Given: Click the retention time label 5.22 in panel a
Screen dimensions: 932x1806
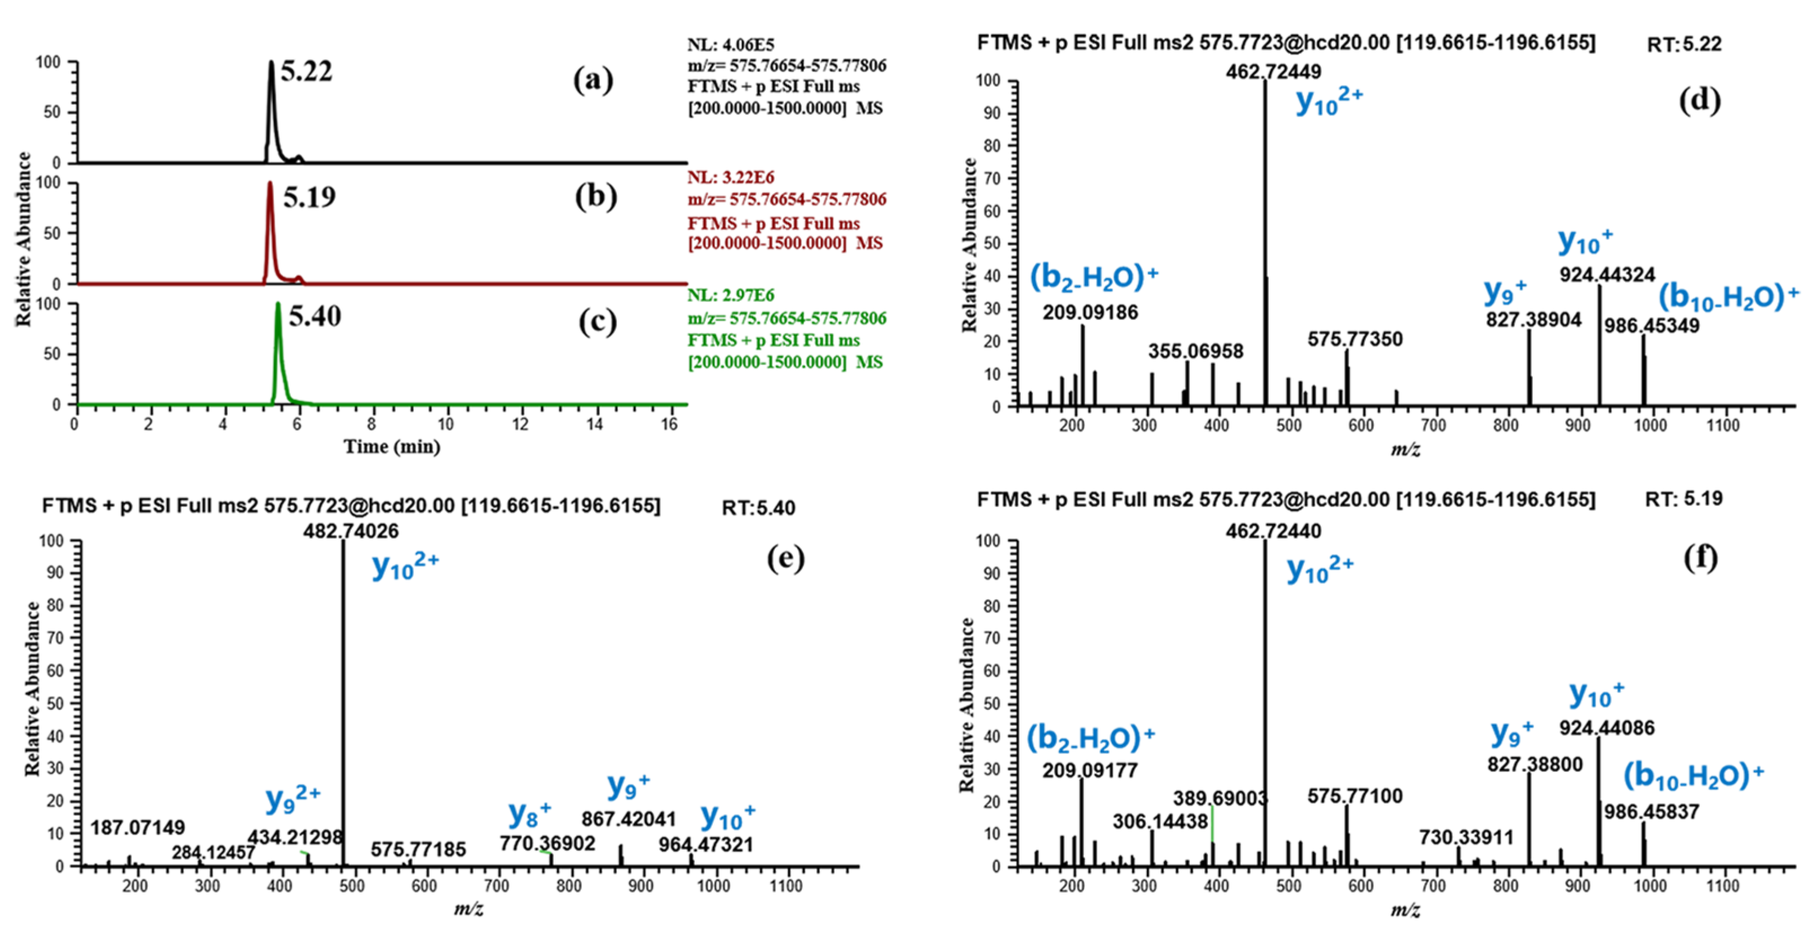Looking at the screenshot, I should [306, 72].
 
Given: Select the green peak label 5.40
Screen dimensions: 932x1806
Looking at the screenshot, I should [315, 317].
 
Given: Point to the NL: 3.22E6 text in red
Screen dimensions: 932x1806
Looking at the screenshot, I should [731, 177].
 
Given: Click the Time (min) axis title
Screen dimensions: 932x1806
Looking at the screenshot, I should [392, 446].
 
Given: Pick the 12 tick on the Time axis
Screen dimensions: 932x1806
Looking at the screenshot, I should [520, 423].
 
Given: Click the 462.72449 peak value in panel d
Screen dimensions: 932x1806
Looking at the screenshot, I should [1273, 72].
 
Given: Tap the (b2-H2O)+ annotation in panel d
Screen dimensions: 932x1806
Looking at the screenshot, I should [1094, 277].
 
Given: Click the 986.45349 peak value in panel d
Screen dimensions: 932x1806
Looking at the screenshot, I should [1652, 326].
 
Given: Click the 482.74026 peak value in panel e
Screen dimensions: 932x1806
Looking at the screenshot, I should [351, 531].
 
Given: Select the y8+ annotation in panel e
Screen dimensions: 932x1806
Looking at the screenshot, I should [530, 813].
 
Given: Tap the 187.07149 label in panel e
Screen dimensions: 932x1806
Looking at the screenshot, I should [138, 828].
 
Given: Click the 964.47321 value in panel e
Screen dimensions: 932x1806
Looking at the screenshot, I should [706, 845].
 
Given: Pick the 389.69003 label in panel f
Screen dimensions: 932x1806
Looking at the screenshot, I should [1221, 798].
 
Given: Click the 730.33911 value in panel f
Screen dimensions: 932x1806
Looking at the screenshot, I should [1467, 837].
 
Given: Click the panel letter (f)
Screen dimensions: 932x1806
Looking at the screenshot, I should [1701, 558].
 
